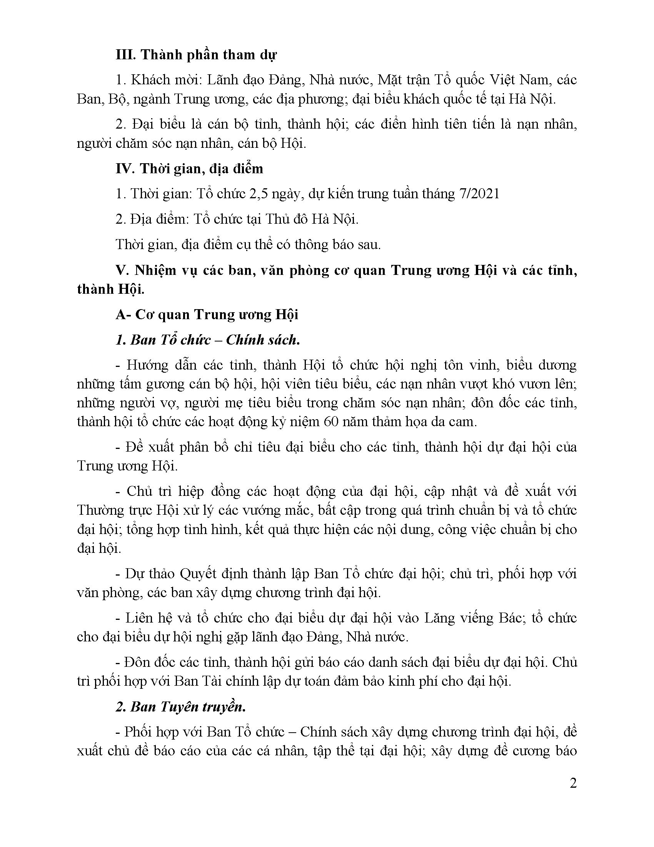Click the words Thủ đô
tap(286, 219)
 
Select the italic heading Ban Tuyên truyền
tap(188, 706)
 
